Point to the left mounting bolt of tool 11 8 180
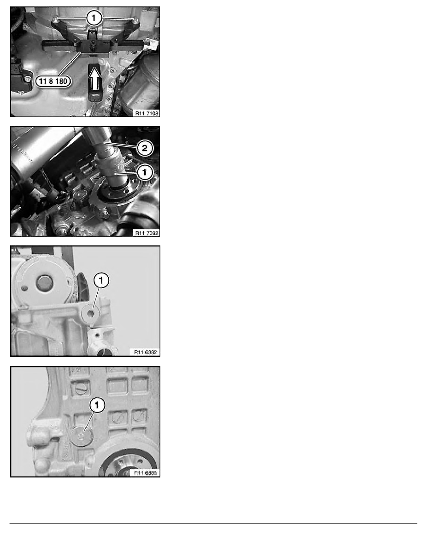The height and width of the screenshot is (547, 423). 55,20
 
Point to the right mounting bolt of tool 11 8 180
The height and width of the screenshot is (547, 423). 135,20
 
